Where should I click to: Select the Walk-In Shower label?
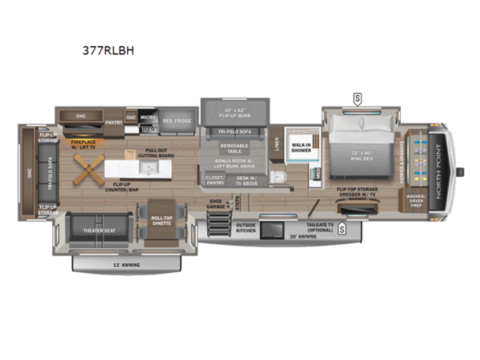[x=301, y=148]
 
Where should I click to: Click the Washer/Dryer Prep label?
[x=417, y=200]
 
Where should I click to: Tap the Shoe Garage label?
[x=216, y=204]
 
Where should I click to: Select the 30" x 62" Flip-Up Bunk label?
[x=234, y=114]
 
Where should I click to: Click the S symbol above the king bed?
[x=356, y=98]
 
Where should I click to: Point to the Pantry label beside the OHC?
[x=113, y=122]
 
